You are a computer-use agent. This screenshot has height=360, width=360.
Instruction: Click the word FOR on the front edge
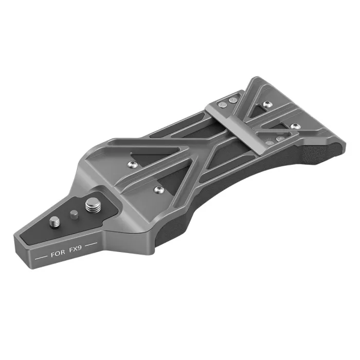[x=57, y=255]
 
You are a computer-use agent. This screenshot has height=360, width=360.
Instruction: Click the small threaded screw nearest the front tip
[x=55, y=223]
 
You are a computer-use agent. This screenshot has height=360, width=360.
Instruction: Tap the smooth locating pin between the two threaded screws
[x=74, y=213]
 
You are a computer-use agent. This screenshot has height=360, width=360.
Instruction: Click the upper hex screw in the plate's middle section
[x=130, y=164]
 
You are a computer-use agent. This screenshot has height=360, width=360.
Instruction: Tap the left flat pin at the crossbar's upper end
[x=222, y=103]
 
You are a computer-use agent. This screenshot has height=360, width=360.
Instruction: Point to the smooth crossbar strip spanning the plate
[x=242, y=121]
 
